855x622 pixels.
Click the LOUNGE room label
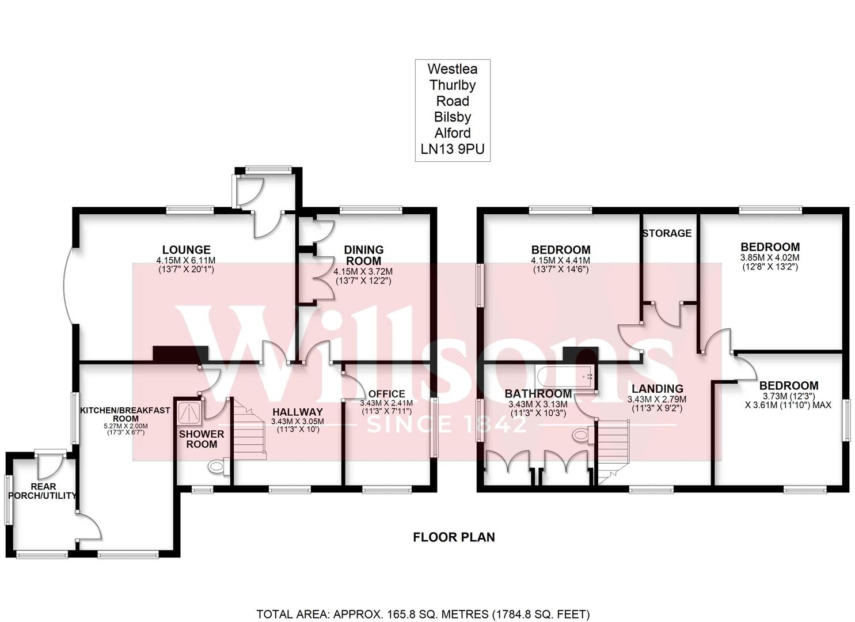(186, 250)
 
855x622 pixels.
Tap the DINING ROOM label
(364, 255)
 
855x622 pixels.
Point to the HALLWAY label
(297, 412)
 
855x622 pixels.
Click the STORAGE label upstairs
(667, 233)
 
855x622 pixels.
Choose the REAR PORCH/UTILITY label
(44, 491)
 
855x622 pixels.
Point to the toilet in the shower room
(218, 466)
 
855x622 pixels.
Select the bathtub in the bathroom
(564, 377)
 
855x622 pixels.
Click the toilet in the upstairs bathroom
(581, 435)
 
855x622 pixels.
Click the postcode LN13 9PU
(452, 149)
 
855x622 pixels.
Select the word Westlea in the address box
(452, 69)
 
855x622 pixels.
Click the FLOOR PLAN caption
(454, 537)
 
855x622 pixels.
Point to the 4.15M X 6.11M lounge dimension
(185, 261)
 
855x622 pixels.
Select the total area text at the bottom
(423, 614)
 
